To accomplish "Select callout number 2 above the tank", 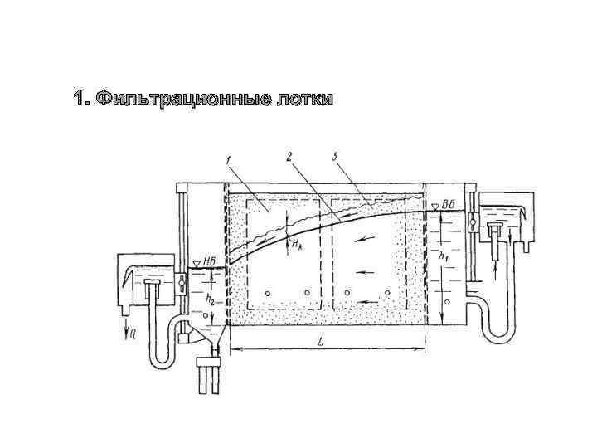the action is click(289, 158).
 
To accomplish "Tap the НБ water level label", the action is click(211, 263).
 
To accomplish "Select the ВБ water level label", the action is click(448, 204).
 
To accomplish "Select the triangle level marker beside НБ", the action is click(196, 264).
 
